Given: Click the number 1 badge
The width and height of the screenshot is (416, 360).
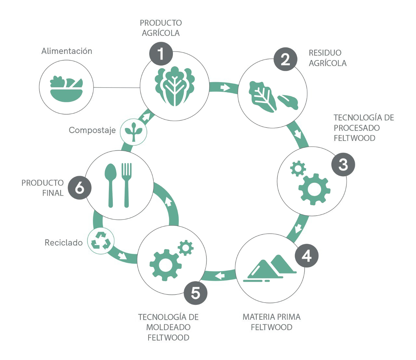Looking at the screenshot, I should (161, 54).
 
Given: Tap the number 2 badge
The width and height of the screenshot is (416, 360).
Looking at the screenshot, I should (285, 59).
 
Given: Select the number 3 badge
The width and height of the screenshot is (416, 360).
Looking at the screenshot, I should (343, 165).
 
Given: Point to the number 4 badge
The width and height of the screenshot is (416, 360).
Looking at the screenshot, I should (306, 256).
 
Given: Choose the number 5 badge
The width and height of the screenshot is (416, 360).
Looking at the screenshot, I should (195, 293).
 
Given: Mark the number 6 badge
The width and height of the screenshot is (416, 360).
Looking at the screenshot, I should (80, 188).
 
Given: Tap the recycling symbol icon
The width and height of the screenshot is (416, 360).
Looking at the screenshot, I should (101, 241).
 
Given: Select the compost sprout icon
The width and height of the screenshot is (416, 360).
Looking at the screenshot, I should (134, 131).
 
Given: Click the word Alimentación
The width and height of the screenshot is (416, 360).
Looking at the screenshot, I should (67, 51).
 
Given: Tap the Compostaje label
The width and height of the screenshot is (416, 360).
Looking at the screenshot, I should (92, 130).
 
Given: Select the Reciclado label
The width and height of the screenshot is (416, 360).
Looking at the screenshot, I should (64, 242).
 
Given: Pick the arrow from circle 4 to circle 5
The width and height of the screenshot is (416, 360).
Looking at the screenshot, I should (220, 276).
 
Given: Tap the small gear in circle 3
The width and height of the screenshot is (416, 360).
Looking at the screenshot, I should (298, 168).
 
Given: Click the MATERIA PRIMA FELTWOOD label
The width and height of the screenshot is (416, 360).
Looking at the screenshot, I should (271, 322).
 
